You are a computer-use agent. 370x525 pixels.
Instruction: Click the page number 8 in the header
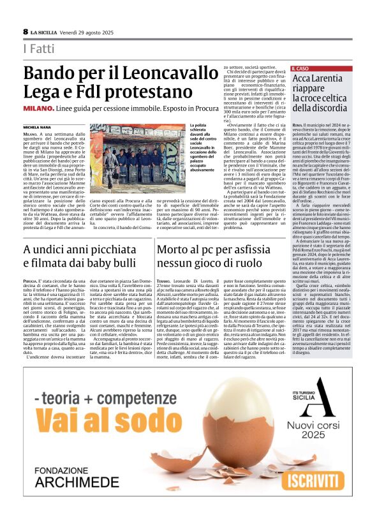click(26, 31)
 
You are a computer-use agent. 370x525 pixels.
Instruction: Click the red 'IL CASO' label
click(302, 68)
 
